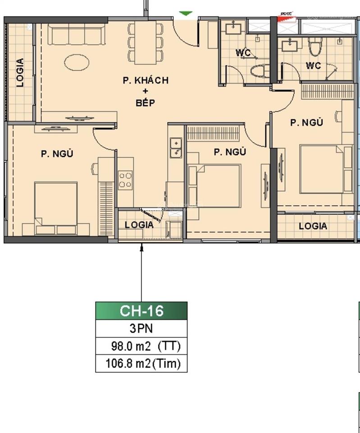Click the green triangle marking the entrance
[x=185, y=14]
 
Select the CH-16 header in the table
[x=141, y=311]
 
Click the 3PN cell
[x=141, y=328]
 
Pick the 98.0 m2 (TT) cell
[x=141, y=346]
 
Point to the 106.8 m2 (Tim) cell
[x=141, y=364]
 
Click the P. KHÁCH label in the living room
[x=146, y=80]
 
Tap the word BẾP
[x=145, y=103]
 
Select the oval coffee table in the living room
[x=77, y=62]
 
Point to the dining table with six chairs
[x=146, y=43]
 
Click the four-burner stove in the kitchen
[x=125, y=180]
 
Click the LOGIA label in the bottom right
[x=313, y=226]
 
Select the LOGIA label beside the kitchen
[x=139, y=225]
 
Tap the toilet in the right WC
[x=315, y=46]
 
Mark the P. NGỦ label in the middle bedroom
[x=229, y=152]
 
